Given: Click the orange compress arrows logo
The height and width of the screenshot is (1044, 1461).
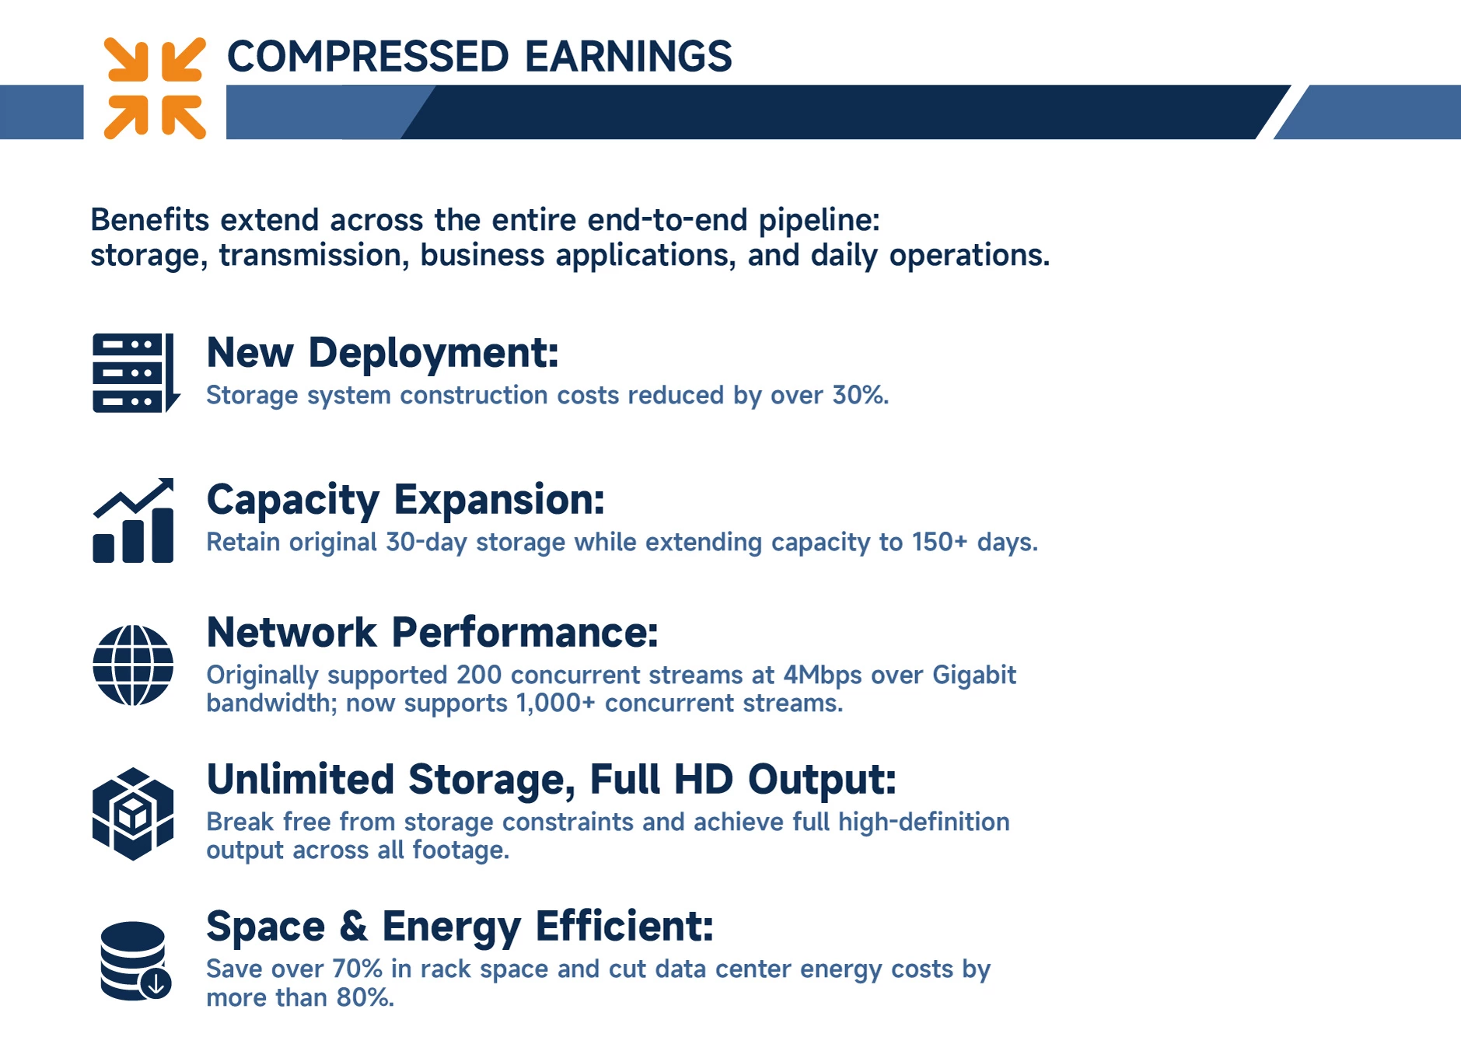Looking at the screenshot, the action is [x=155, y=88].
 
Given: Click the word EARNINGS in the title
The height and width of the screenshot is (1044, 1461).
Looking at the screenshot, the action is [x=628, y=56].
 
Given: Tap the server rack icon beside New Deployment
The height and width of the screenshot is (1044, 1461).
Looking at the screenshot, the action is [x=136, y=373].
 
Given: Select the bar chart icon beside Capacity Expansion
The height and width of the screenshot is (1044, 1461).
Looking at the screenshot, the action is [x=133, y=520].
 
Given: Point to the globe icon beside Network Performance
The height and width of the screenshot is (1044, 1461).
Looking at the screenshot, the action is [x=133, y=665].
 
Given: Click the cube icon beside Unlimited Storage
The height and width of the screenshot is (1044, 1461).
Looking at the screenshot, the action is [x=133, y=814].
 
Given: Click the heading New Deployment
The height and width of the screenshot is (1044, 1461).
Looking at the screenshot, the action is [x=383, y=353].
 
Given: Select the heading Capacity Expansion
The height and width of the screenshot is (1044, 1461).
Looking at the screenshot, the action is [x=405, y=500].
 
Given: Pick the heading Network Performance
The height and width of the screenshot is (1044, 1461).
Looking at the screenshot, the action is [x=432, y=632].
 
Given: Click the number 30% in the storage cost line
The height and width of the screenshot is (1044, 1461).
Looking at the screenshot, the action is [x=859, y=395].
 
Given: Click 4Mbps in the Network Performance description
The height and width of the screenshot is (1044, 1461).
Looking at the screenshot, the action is [x=823, y=675].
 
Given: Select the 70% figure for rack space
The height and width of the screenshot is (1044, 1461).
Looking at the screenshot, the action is [x=358, y=969].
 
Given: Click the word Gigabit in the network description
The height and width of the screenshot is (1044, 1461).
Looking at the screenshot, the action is [x=974, y=675].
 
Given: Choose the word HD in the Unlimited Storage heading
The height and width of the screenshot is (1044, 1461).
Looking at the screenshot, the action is [x=703, y=779].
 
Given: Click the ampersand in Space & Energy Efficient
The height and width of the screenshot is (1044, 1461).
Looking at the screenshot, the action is [x=353, y=927].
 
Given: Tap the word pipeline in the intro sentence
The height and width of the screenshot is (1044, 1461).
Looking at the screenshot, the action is [x=820, y=221].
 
